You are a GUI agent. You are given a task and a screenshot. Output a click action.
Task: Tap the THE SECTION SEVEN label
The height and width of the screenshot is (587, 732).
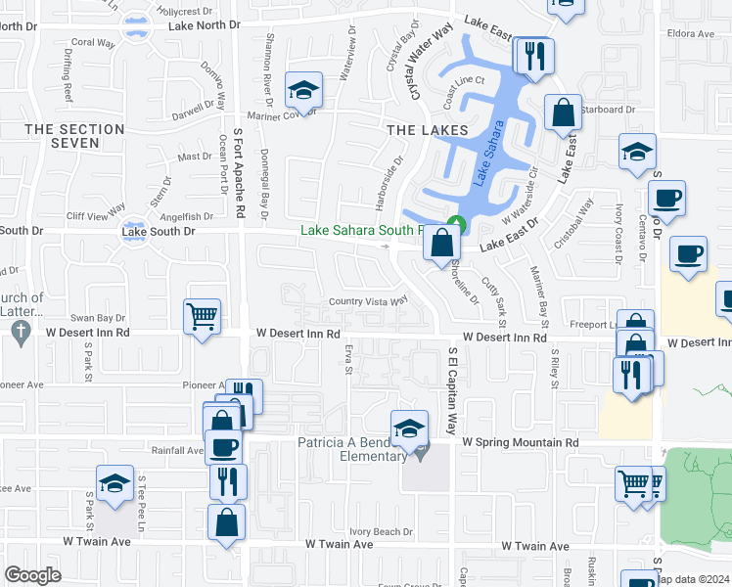75,136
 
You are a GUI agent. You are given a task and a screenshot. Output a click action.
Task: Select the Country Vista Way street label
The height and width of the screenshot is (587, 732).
368,301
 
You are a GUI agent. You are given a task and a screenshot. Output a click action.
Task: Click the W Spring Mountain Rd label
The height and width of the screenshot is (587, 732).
521,442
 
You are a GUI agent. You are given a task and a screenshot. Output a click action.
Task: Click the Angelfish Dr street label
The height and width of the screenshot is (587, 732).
187,216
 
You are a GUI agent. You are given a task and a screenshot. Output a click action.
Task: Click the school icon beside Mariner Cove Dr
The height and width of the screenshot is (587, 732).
303,91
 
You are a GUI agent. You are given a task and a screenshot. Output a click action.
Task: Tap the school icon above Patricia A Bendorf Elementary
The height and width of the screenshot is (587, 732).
409,427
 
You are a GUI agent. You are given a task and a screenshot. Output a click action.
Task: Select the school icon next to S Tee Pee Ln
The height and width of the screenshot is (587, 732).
114,482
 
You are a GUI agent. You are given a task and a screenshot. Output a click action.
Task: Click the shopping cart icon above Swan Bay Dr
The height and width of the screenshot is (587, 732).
202,315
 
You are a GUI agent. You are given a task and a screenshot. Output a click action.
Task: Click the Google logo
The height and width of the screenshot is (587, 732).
32,574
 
